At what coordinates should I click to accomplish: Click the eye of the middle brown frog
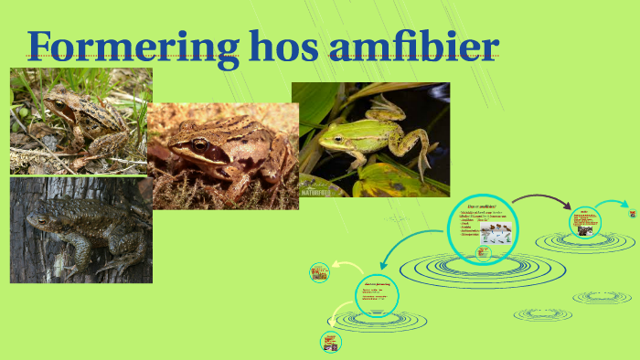pos(199,144)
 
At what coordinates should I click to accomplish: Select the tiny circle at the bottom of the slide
pos(330,342)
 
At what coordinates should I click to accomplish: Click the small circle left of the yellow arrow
pos(319,271)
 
